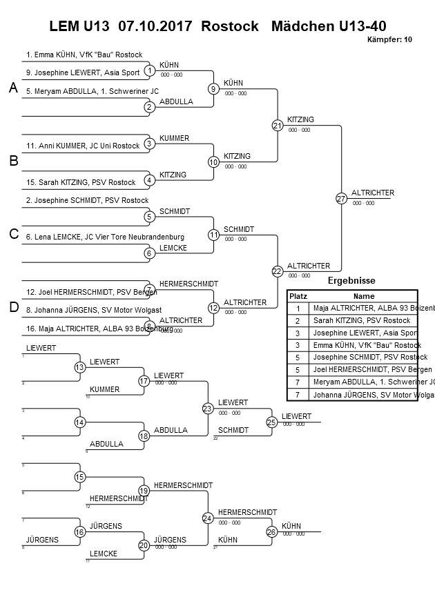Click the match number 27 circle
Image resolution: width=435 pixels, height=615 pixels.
point(341,199)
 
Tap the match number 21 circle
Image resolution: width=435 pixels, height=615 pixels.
point(278,126)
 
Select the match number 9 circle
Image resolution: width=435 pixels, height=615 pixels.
point(214,89)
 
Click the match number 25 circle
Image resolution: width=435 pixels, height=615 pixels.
point(272,422)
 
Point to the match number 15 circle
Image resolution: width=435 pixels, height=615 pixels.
point(80,477)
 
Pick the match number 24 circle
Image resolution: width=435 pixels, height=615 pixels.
point(208,518)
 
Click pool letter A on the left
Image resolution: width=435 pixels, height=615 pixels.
point(12,88)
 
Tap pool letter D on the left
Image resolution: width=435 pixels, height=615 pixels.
point(12,307)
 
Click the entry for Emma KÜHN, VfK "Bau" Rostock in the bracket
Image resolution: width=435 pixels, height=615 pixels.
point(84,54)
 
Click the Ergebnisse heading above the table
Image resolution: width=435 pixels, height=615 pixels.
point(351,281)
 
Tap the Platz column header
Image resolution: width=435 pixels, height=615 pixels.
point(298,295)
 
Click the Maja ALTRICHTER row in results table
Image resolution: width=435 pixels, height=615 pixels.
point(362,308)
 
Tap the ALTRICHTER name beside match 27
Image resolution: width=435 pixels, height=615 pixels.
point(373,193)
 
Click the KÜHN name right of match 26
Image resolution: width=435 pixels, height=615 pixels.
point(291,526)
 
